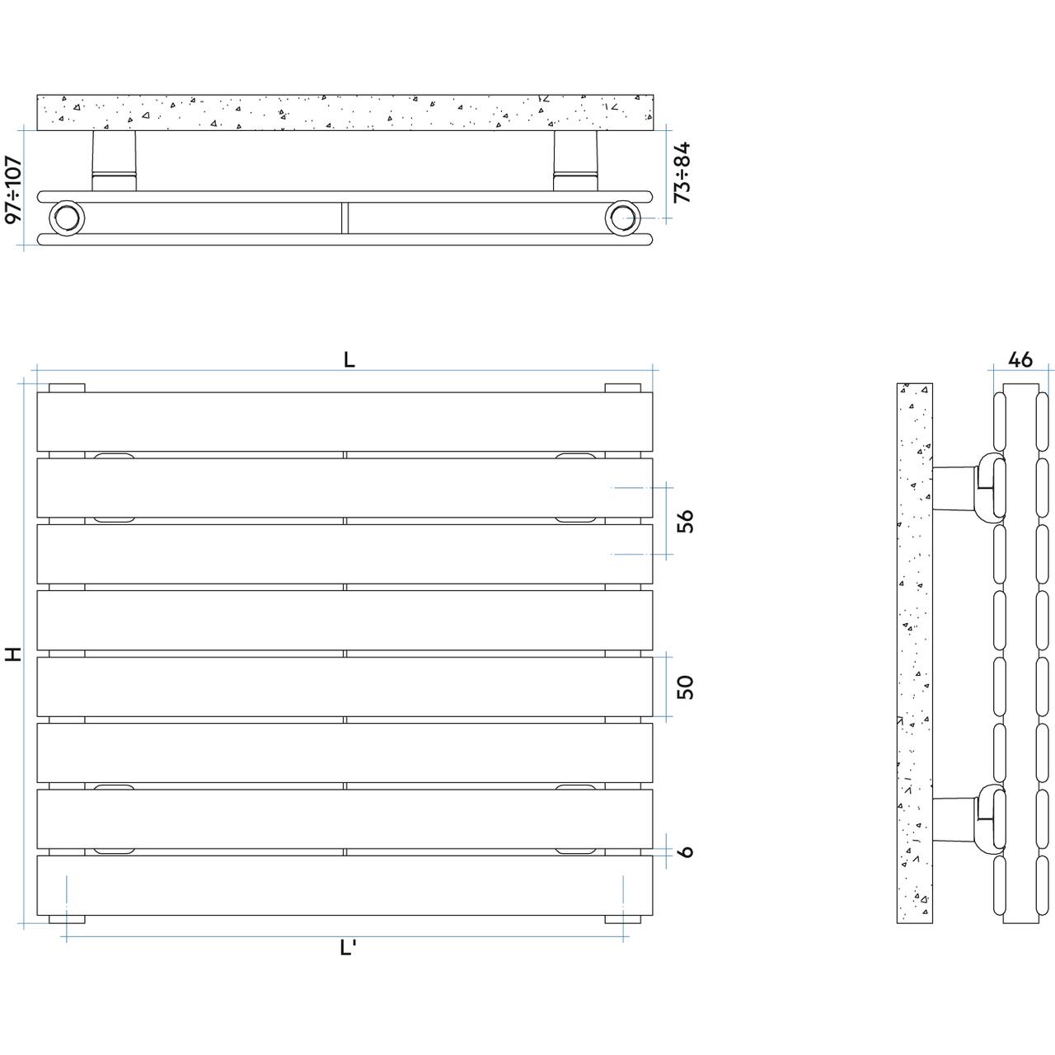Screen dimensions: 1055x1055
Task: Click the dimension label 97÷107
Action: coord(13,190)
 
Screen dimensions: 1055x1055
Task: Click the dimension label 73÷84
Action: coord(682,172)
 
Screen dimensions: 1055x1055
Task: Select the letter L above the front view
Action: coord(349,359)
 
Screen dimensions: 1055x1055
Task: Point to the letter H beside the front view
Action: coord(13,654)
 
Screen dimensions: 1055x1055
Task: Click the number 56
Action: coord(685,521)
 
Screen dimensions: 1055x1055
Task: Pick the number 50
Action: coord(685,687)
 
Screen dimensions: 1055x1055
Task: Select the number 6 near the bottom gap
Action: coord(685,851)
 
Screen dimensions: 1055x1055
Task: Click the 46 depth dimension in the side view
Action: coord(1020,359)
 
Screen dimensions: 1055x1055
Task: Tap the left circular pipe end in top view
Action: coord(67,218)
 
